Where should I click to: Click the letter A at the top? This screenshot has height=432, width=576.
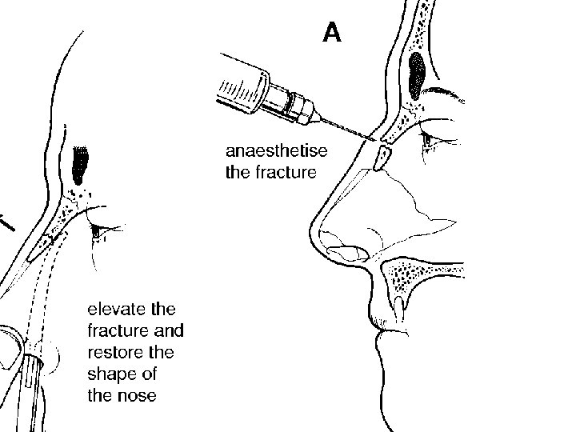[332, 33]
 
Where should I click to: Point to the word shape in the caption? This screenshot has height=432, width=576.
[110, 374]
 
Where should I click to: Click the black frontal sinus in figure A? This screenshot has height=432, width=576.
[418, 74]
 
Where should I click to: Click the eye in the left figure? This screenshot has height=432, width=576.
[98, 230]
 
